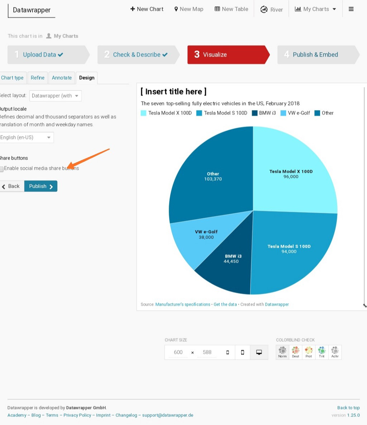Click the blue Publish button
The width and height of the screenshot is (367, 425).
pos(41,186)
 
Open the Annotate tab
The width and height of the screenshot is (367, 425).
pos(62,78)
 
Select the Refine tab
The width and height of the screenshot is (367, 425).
pos(38,78)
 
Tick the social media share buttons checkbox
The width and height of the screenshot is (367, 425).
pos(2,169)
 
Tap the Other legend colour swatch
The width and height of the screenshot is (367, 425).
pos(317,113)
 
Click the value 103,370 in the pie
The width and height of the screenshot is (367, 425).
pos(213,179)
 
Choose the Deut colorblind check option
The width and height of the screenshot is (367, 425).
pos(295,352)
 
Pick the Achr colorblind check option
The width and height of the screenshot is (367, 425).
pos(335,352)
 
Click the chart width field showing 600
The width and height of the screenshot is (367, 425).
pos(178,352)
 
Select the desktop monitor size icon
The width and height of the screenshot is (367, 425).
pos(259,352)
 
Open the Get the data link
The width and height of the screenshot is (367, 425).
pos(225,304)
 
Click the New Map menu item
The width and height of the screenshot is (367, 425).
pos(189,9)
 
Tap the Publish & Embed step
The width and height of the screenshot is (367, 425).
pos(315,55)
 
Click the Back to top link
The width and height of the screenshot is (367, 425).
pos(348,408)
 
